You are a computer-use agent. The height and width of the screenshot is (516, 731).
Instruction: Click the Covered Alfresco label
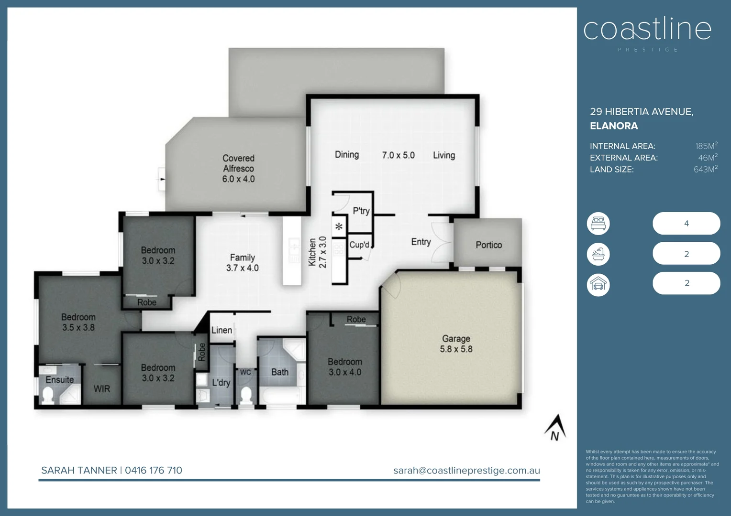(x=238, y=168)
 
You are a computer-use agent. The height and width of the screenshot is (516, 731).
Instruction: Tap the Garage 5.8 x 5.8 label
(x=456, y=344)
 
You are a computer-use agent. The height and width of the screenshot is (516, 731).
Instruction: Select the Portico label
(x=488, y=245)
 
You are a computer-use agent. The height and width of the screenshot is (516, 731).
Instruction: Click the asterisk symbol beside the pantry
(x=339, y=227)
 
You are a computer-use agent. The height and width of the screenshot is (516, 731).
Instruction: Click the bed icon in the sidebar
(x=598, y=223)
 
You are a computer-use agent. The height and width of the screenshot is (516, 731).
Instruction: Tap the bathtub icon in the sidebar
(x=598, y=254)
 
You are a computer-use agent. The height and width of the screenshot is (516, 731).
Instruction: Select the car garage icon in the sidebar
(x=598, y=285)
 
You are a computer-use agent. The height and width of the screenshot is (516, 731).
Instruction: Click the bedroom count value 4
(x=686, y=223)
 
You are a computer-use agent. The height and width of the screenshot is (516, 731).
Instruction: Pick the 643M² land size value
(x=705, y=169)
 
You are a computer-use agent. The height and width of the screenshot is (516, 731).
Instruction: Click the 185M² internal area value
(x=706, y=146)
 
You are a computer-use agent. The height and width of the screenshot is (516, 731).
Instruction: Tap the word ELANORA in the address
(x=614, y=126)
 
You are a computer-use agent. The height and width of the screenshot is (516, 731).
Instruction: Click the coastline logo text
(x=647, y=30)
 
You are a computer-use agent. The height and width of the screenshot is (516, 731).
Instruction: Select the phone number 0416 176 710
(x=154, y=470)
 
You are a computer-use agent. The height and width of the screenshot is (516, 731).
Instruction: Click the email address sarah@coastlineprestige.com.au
(x=466, y=470)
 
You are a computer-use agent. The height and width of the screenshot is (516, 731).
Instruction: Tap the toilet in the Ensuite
(x=48, y=395)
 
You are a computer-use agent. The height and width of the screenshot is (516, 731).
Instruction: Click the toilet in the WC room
(x=246, y=396)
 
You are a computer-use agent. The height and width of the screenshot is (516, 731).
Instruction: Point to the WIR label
(x=102, y=389)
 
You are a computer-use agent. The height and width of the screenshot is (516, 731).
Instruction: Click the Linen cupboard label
(x=222, y=330)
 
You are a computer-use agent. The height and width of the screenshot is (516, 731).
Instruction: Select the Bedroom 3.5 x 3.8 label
(x=78, y=322)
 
